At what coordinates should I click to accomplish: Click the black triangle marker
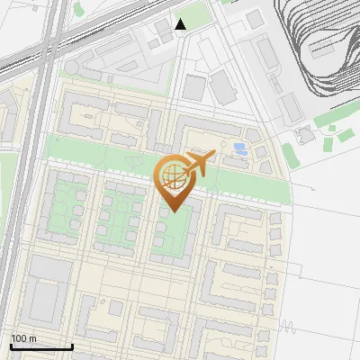click(181, 24)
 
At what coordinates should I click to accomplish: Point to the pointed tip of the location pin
click(174, 211)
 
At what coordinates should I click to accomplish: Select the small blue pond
click(238, 148)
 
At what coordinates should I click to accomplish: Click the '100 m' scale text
click(23, 338)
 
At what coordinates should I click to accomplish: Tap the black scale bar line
click(41, 346)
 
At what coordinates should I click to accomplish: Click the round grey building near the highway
click(71, 67)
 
